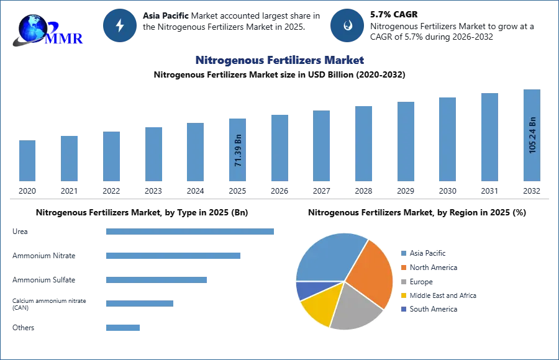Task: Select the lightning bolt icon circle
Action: pyautogui.click(x=120, y=25)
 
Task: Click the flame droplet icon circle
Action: pyautogui.click(x=347, y=25)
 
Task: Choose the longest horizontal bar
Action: pyautogui.click(x=191, y=233)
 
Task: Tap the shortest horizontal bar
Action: pyautogui.click(x=124, y=328)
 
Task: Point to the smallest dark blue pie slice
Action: pyautogui.click(x=306, y=290)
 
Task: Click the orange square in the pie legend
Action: pyautogui.click(x=402, y=268)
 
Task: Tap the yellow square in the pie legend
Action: pyautogui.click(x=402, y=295)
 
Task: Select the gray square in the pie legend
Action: pyautogui.click(x=402, y=282)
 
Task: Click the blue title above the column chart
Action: pyautogui.click(x=279, y=60)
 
